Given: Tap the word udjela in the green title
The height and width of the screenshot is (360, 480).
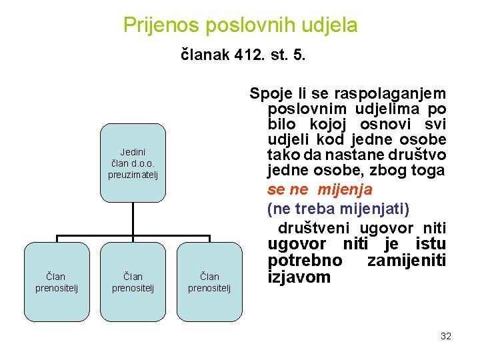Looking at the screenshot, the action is [x=330, y=25].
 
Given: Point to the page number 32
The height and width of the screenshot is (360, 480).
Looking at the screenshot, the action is [x=446, y=336].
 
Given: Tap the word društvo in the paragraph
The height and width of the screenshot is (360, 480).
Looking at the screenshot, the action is [x=420, y=155].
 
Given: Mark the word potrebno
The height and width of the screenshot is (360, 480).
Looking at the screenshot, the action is [x=305, y=260].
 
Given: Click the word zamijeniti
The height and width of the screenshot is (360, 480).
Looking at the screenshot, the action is [x=407, y=260].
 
